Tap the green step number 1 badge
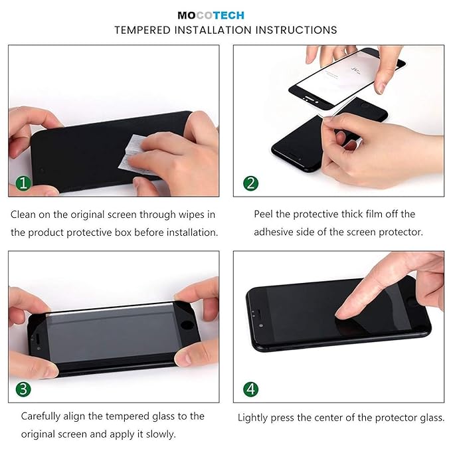(23, 183)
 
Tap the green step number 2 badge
(250, 183)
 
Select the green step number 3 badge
(23, 389)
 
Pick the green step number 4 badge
(250, 389)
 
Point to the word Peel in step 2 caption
(265, 214)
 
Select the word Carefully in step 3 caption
(45, 416)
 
